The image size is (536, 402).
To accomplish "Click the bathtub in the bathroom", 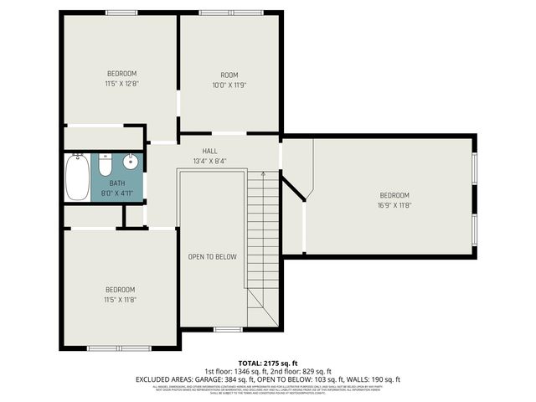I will [x=77, y=177].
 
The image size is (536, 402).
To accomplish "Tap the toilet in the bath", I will [x=106, y=165].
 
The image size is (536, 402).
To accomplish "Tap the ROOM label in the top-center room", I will [x=229, y=74].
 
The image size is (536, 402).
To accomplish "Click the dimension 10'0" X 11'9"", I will [x=229, y=84].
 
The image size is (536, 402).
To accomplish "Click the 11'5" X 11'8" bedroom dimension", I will [x=121, y=299].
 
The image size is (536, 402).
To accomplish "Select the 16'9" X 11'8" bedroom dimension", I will [x=394, y=204].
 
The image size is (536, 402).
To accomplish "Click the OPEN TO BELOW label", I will [x=212, y=257].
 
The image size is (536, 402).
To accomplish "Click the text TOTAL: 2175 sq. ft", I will [x=268, y=363].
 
